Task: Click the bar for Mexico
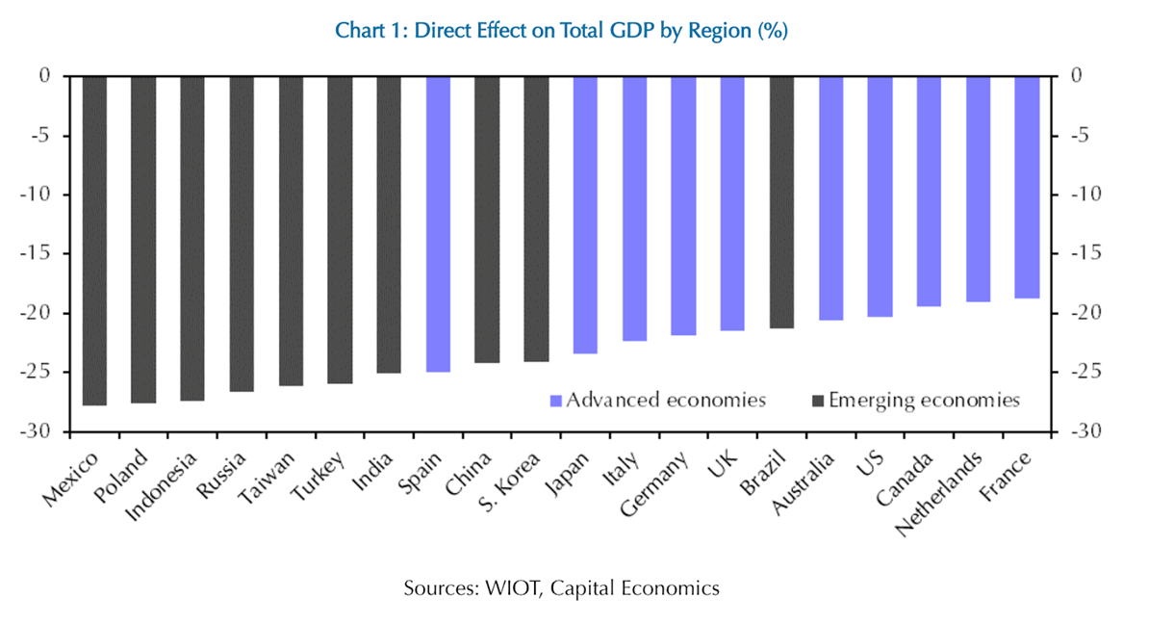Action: [x=94, y=240]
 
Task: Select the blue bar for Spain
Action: [x=438, y=223]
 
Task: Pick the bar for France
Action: [x=1027, y=187]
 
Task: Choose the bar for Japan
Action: [x=585, y=214]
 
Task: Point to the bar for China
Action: [x=487, y=219]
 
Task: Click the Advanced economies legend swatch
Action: [x=555, y=400]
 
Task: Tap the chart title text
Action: [x=561, y=31]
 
